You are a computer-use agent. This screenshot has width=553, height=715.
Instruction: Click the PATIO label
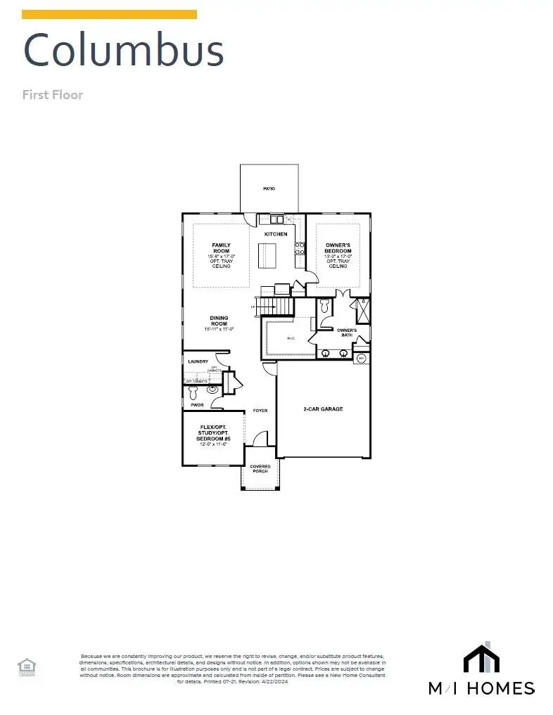click(x=269, y=188)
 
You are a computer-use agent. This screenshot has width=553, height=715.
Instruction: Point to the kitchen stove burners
click(x=300, y=248)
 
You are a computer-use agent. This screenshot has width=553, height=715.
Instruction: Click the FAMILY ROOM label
click(x=221, y=248)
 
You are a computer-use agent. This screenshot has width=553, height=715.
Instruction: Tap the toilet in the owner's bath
click(x=324, y=307)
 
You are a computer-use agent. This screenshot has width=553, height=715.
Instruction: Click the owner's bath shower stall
click(x=363, y=309)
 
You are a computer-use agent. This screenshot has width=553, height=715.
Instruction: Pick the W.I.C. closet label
click(x=290, y=339)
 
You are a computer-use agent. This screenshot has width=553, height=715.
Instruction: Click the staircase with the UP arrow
click(x=274, y=307)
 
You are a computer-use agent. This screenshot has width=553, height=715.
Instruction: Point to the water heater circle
click(x=362, y=359)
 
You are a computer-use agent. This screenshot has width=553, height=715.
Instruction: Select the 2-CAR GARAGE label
click(x=323, y=409)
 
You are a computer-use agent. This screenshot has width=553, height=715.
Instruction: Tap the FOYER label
click(x=260, y=411)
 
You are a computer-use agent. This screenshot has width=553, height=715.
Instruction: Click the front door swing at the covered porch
click(x=260, y=439)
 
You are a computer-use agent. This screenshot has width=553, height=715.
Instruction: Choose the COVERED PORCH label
click(x=260, y=468)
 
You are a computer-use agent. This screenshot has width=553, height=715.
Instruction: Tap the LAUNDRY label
click(x=198, y=362)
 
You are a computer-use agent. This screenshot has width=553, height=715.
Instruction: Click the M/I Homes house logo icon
click(x=481, y=658)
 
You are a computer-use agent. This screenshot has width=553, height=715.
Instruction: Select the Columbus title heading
click(x=124, y=50)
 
